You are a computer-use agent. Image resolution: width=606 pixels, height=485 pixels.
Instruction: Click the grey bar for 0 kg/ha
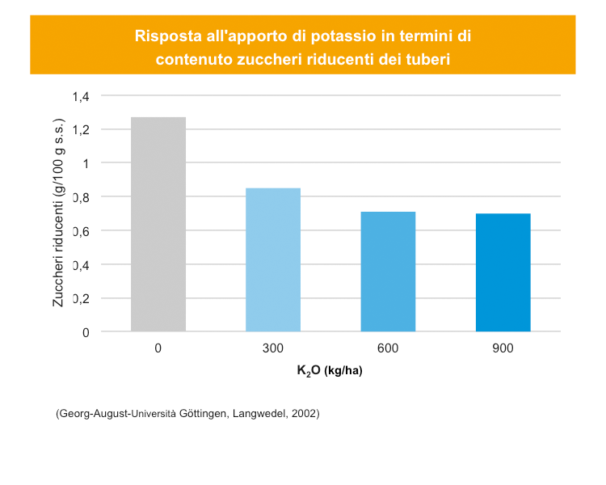tap(158, 224)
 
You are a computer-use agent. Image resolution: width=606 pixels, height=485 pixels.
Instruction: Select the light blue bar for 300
tap(273, 259)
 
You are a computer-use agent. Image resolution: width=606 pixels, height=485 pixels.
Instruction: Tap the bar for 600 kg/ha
tap(388, 272)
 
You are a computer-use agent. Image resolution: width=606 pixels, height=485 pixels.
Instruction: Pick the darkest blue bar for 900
tap(503, 272)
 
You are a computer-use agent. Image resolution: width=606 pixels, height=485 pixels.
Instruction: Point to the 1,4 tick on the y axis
tap(81, 96)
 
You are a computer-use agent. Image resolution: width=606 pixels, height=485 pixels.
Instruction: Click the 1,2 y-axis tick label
tap(81, 130)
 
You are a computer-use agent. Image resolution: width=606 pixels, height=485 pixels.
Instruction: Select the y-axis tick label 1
tap(85, 163)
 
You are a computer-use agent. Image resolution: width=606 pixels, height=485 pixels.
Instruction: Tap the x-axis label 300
tap(273, 348)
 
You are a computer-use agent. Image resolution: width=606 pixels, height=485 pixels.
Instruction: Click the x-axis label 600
tap(388, 348)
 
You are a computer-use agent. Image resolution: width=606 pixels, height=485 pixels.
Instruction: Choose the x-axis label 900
tap(503, 348)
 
